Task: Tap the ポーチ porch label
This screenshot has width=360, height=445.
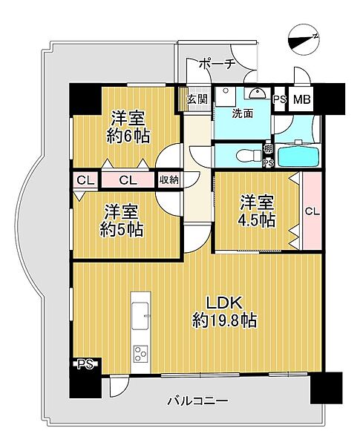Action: point(217,65)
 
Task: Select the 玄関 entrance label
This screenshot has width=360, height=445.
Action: point(196,99)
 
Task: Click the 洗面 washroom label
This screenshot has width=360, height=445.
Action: point(242,114)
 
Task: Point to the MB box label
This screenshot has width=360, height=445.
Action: point(302,99)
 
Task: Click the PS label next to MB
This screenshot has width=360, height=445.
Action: point(280,99)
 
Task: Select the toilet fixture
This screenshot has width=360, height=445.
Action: point(239,156)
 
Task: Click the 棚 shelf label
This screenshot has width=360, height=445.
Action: point(267,149)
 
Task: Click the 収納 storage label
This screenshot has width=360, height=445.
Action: point(168,179)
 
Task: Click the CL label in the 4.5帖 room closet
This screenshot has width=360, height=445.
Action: point(312,211)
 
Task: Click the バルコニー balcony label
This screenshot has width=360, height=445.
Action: point(196,401)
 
